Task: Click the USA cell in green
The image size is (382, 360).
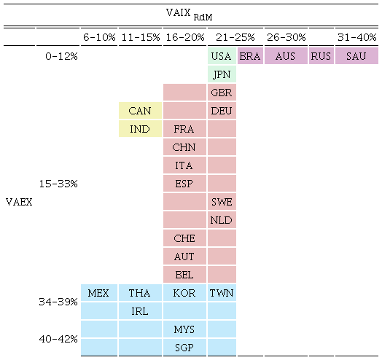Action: pos(222,56)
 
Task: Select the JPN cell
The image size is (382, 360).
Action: pos(222,74)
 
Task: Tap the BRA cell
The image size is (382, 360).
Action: pos(250,56)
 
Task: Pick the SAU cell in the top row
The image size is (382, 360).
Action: pos(356,56)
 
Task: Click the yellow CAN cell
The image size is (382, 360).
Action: pos(140,111)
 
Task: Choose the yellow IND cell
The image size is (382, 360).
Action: pos(140,129)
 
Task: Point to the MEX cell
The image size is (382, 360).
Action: pos(98,293)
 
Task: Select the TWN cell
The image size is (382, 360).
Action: pos(222,293)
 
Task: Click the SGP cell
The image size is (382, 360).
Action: pos(184,348)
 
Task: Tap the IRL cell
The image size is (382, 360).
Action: pos(140,311)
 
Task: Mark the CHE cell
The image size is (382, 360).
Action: pos(184,238)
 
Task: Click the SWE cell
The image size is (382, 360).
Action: pos(222,202)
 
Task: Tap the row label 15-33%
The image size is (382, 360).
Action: pos(58,184)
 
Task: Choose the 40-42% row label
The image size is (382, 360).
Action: pos(58,339)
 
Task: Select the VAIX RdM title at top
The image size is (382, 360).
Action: pos(193,13)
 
